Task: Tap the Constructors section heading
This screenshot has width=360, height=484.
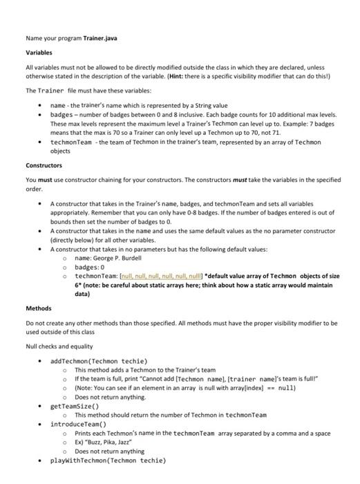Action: coord(44,165)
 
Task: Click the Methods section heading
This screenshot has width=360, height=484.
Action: coord(39,308)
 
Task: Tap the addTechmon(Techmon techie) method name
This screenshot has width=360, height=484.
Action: coord(99,360)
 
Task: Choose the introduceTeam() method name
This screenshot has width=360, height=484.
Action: coord(78,422)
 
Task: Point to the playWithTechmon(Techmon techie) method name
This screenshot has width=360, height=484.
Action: coord(108,459)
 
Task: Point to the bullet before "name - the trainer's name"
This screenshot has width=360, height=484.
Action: coord(42,105)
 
